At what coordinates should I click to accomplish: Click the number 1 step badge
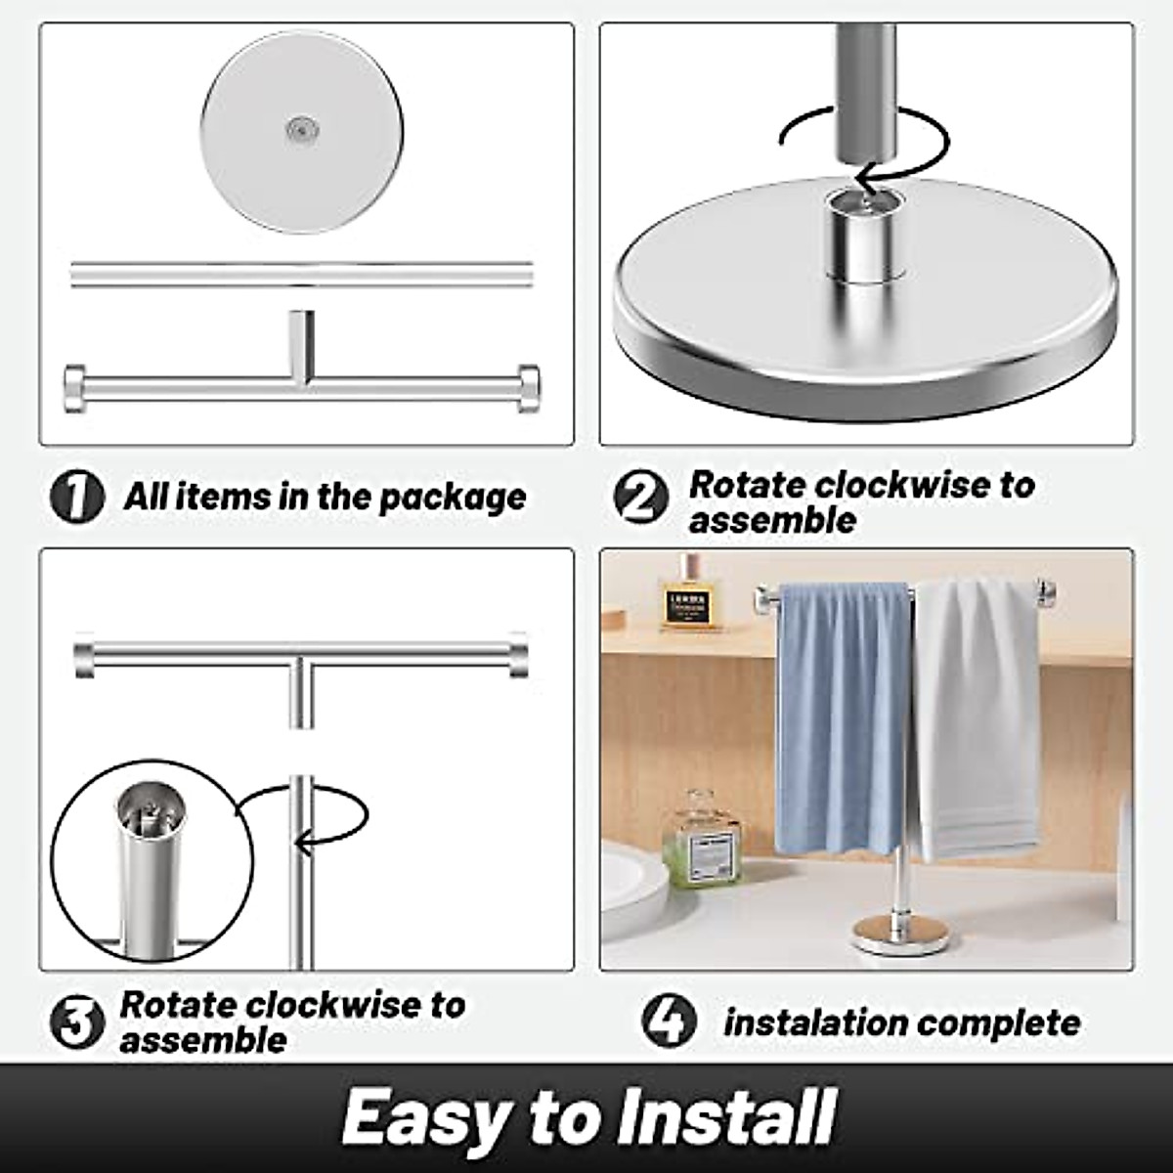coord(76,498)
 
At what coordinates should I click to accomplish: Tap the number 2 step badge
coord(640,498)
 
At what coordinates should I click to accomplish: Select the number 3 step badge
coord(76,1022)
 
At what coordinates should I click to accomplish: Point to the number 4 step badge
coord(670,1021)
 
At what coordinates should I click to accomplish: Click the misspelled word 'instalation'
coord(804,1022)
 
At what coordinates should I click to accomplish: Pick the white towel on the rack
coord(977,714)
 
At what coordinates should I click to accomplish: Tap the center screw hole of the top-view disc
coord(301,129)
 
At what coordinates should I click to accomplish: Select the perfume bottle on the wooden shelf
coord(690,596)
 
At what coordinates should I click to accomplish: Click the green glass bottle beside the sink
coord(700,842)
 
